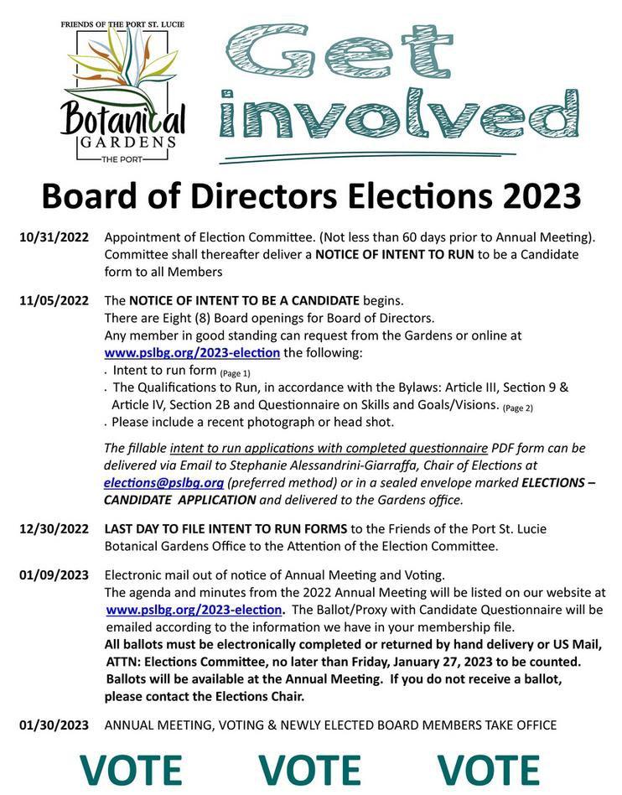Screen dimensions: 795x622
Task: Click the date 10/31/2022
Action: tap(54, 237)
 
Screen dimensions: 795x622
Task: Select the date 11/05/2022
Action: tap(54, 300)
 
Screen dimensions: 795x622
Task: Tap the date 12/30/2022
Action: tap(54, 528)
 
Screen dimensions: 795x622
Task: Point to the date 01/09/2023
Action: tap(54, 575)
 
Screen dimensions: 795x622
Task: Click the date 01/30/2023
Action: tap(54, 725)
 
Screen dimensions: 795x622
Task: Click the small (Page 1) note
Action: tap(235, 372)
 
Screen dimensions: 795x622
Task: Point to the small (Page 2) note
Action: tap(517, 408)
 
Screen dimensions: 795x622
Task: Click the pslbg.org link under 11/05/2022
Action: tap(192, 352)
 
